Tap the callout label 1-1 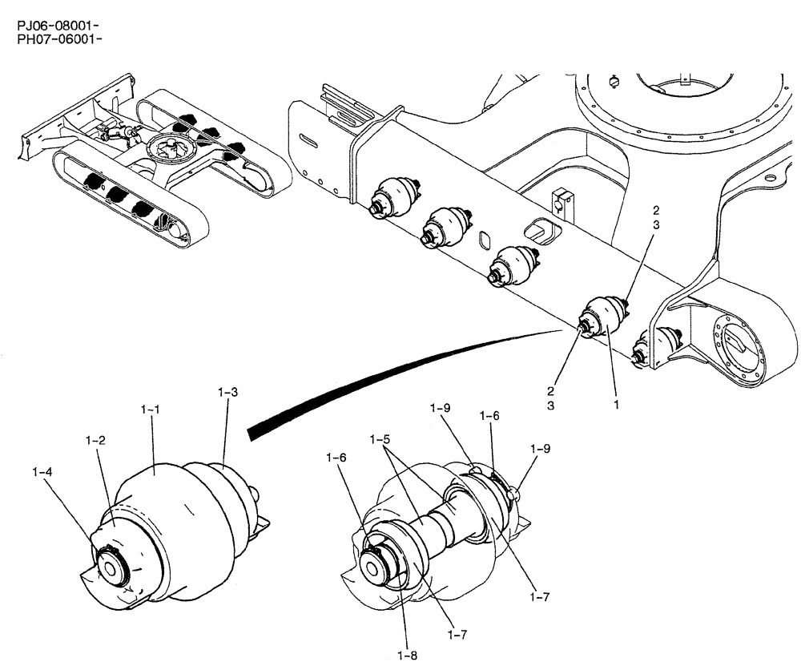[151, 410]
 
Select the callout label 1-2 [95, 440]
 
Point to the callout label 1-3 [227, 392]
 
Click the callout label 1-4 [42, 474]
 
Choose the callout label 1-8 [409, 655]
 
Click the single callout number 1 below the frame [616, 406]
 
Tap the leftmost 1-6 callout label [336, 457]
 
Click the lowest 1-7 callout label [457, 634]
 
